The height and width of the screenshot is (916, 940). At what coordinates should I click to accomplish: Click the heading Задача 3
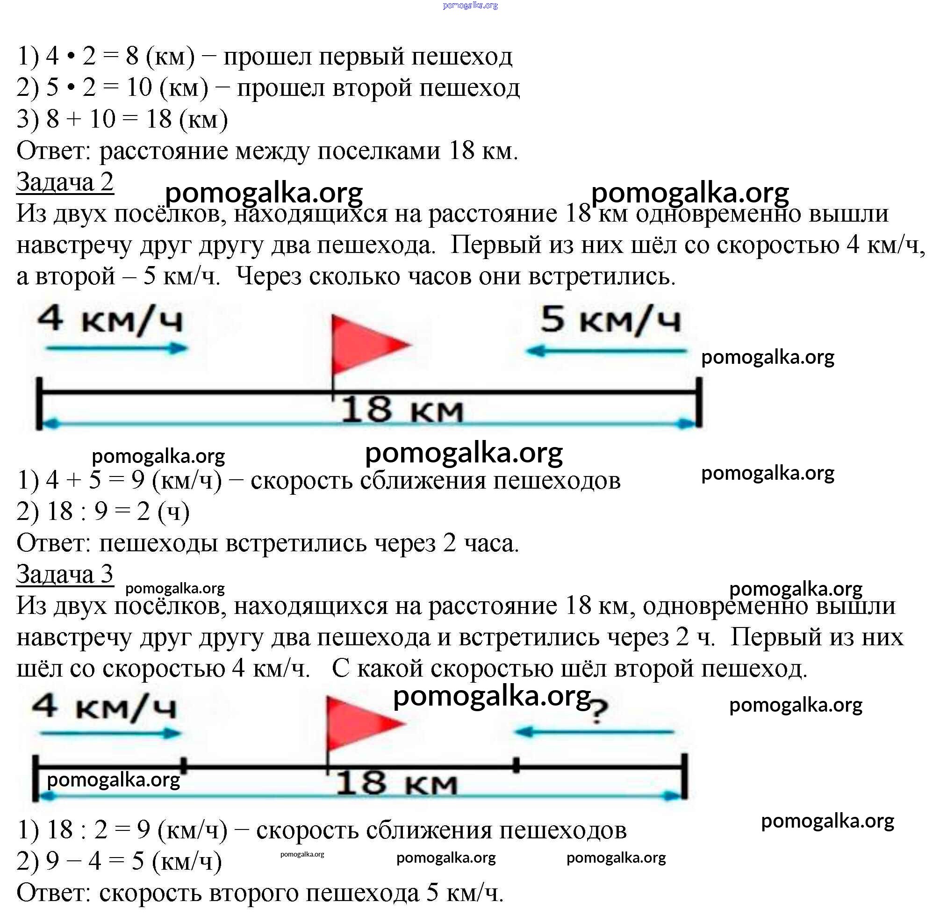pyautogui.click(x=65, y=574)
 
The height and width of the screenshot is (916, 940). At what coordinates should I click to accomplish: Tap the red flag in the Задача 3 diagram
pyautogui.click(x=365, y=724)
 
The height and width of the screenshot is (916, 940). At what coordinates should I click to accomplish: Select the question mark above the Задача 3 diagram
pyautogui.click(x=598, y=711)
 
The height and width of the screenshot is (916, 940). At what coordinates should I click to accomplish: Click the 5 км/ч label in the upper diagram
pyautogui.click(x=610, y=319)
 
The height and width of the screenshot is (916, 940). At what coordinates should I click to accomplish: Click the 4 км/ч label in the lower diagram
pyautogui.click(x=104, y=707)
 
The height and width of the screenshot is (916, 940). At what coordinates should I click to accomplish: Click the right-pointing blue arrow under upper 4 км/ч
pyautogui.click(x=117, y=348)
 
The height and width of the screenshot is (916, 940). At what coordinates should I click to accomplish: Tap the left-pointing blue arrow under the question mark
pyautogui.click(x=594, y=733)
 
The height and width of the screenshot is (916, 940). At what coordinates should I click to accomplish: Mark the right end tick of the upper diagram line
pyautogui.click(x=699, y=402)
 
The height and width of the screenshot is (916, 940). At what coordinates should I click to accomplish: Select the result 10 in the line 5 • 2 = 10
pyautogui.click(x=139, y=87)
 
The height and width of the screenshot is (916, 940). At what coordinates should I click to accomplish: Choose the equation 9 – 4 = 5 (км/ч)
pyautogui.click(x=134, y=861)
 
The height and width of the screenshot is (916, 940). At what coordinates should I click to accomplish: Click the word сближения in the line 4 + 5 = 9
pyautogui.click(x=423, y=480)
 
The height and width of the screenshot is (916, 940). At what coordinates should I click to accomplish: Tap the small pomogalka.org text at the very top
pyautogui.click(x=470, y=5)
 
